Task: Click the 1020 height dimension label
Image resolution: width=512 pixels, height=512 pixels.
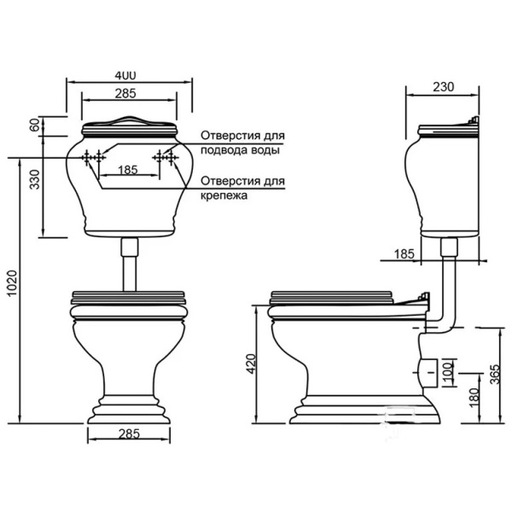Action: [12, 283]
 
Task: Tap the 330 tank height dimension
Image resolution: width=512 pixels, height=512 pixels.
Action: [35, 179]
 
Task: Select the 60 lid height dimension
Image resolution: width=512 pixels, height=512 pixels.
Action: [34, 125]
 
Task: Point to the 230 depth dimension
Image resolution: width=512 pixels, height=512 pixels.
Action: [443, 87]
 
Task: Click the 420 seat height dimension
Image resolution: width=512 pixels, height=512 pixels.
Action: [252, 364]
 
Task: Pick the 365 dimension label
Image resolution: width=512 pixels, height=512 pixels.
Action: [495, 374]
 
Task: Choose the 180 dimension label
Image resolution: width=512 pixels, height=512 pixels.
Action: [474, 398]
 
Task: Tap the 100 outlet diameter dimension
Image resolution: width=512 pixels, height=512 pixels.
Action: [448, 373]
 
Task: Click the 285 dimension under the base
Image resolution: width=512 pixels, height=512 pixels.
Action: [129, 434]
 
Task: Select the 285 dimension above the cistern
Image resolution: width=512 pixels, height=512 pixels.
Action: [125, 94]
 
